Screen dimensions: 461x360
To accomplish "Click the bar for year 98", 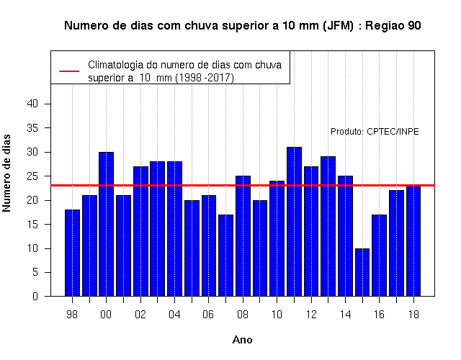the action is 72,253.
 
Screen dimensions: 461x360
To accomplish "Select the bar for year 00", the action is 106,224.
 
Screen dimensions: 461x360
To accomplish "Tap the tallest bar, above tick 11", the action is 294,222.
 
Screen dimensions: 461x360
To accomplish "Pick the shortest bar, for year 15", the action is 362,272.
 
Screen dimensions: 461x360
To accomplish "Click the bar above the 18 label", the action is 413,241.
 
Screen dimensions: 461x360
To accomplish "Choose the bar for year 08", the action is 243,236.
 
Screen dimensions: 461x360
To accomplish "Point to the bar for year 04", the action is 174,229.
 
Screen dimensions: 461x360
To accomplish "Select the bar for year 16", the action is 379,256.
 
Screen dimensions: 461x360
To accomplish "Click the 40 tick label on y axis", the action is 32,104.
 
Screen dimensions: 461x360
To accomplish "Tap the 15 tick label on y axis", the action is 32,224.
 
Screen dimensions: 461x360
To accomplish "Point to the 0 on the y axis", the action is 35,296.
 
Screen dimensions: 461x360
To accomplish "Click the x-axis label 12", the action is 311,315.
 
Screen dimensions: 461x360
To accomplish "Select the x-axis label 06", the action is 208,315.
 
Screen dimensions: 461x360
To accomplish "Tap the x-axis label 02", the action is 140,315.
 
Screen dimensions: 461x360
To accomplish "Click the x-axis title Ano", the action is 242,340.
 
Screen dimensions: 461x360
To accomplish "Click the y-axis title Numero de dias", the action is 6,173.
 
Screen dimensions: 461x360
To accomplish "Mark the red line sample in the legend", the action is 69,71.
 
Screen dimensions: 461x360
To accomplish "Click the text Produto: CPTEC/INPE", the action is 375,131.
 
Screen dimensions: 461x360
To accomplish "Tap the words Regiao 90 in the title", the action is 393,26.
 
